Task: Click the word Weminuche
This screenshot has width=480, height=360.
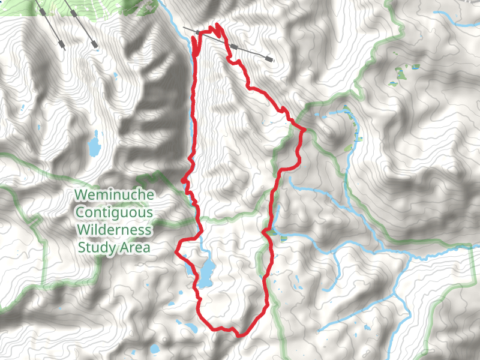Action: tap(113, 195)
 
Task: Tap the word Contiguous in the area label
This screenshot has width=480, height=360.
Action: tap(113, 212)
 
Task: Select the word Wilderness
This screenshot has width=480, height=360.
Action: tap(113, 230)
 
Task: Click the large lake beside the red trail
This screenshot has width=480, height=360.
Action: tap(206, 273)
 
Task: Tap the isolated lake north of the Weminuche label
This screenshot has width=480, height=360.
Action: tap(94, 145)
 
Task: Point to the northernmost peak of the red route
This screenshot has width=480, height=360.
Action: tap(216, 25)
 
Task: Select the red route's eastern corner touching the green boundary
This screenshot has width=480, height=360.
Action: tap(304, 130)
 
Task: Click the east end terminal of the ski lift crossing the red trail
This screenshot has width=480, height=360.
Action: tap(270, 59)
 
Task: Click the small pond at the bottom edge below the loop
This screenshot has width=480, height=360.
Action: tap(155, 349)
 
